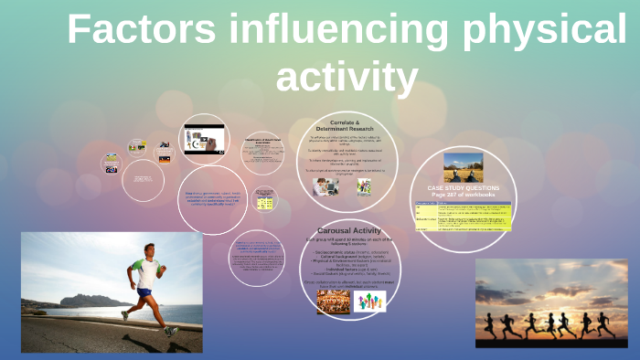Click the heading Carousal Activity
click(348, 231)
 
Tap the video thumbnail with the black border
click(204, 139)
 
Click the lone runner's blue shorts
click(144, 292)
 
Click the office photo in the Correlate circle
click(326, 186)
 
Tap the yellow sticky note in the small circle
click(265, 199)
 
